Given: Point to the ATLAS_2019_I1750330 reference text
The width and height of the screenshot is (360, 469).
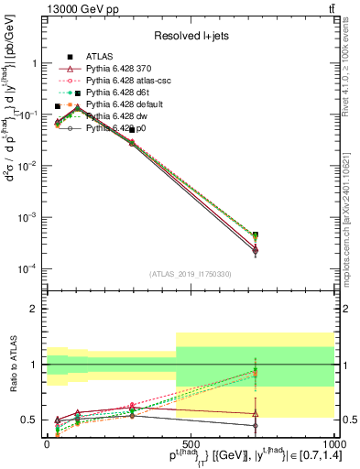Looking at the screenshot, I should point(190,273).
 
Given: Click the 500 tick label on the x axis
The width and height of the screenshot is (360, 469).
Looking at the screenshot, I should point(191,442).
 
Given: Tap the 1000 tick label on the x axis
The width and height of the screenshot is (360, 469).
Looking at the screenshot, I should point(332,442).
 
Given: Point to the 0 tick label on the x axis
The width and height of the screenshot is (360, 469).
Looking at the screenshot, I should point(47,442).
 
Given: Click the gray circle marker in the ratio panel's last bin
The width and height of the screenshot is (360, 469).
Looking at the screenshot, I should point(255,425).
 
